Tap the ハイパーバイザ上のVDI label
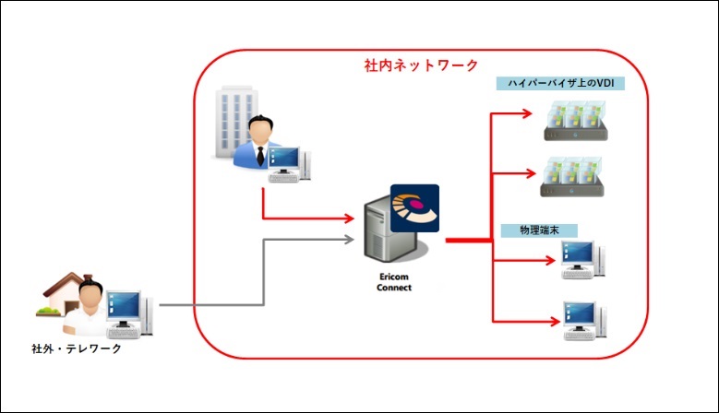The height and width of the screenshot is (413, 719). click(x=561, y=84)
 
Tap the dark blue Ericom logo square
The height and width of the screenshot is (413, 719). click(x=414, y=208)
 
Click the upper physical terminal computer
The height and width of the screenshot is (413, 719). click(x=582, y=259)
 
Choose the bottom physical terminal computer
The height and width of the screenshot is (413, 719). click(x=582, y=318)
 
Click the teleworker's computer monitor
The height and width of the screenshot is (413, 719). click(x=123, y=307)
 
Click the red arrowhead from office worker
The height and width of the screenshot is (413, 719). click(x=350, y=219)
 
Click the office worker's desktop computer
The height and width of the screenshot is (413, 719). click(x=290, y=164)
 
